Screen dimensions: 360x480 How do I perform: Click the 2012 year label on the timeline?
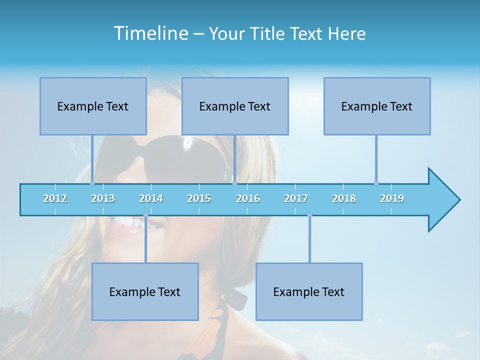point(55,198)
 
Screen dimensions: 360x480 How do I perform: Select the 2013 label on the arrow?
point(103,198)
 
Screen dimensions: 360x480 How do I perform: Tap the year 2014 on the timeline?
point(151,198)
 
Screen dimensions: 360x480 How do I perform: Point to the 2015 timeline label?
point(199,198)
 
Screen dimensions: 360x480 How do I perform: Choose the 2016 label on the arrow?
point(248,198)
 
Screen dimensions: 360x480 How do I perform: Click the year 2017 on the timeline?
point(296,198)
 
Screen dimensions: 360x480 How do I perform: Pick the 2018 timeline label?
point(344,198)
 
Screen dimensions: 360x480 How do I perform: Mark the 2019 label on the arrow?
point(392,198)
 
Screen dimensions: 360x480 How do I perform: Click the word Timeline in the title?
point(150,33)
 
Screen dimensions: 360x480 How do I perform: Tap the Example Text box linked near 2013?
point(93,106)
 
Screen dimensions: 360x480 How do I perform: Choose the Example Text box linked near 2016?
point(235,106)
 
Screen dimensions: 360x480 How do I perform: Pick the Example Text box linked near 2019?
point(377,106)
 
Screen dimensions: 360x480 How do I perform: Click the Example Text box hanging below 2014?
point(145,291)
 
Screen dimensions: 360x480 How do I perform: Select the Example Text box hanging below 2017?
point(309,291)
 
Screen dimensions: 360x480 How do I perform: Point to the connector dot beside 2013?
point(92,183)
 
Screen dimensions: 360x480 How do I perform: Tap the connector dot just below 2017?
point(309,215)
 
